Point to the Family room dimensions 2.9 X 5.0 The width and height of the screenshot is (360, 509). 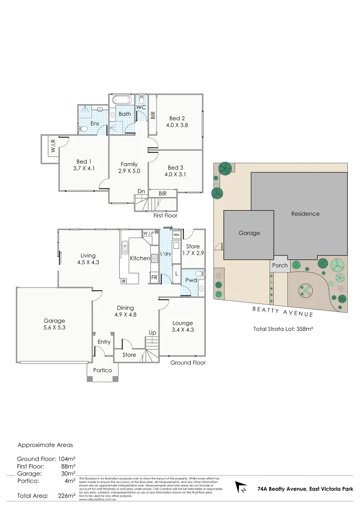click(129, 171)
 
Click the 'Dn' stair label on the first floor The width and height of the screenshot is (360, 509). click(141, 191)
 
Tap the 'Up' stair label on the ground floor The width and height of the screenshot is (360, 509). click(152, 333)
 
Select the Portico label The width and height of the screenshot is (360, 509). click(102, 370)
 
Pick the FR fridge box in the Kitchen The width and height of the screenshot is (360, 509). click(154, 278)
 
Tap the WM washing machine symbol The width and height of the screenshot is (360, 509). click(176, 234)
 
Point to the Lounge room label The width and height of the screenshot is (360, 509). click(182, 323)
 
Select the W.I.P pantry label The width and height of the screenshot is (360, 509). click(148, 234)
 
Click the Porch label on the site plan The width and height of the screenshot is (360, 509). click(280, 265)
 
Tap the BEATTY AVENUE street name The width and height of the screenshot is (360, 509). click(283, 311)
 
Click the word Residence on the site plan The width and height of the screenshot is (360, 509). click(305, 213)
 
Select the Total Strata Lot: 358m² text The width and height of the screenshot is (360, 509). click(283, 329)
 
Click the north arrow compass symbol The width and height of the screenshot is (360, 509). click(241, 487)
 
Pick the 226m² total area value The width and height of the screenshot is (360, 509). click(66, 495)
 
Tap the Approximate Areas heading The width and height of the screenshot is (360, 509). click(45, 444)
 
